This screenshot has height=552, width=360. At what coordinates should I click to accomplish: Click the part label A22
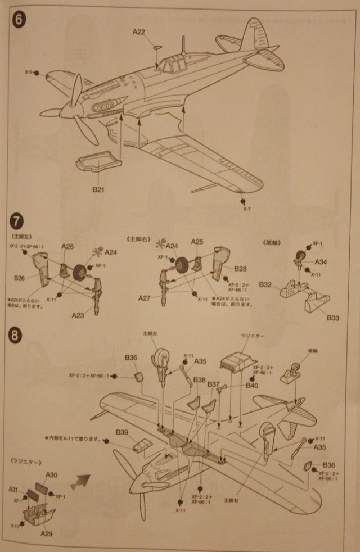[139, 33]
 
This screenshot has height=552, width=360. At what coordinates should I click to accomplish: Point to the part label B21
[99, 189]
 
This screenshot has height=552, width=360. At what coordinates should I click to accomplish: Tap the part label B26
[20, 278]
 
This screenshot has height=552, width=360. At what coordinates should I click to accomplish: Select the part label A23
[78, 315]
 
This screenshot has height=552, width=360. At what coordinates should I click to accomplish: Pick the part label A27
[145, 297]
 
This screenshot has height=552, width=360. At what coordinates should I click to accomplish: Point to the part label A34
[321, 262]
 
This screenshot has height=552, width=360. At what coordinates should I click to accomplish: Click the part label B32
[267, 285]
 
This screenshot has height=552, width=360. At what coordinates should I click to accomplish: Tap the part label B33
[333, 318]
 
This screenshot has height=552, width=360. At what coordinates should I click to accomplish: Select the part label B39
[123, 432]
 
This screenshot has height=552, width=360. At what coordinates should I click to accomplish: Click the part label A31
[14, 490]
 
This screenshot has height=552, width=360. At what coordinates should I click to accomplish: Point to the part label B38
[199, 381]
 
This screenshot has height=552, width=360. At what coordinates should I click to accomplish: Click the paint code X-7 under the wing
[246, 209]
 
